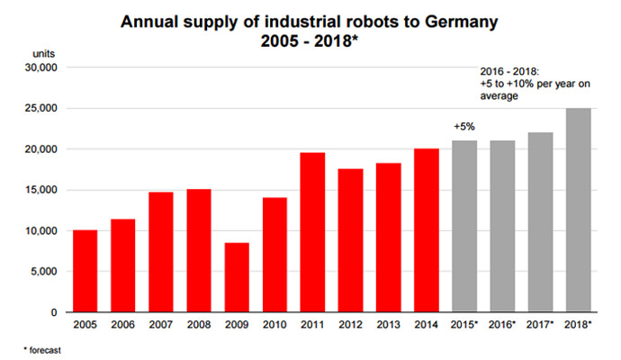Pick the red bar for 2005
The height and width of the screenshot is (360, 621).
coord(85,271)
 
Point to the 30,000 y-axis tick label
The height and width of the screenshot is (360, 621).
coord(40,67)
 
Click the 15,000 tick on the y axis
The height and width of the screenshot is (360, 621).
coord(40,190)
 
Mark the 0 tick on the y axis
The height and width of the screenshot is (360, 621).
coord(55,312)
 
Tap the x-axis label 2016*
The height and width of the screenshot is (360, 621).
coord(502,325)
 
